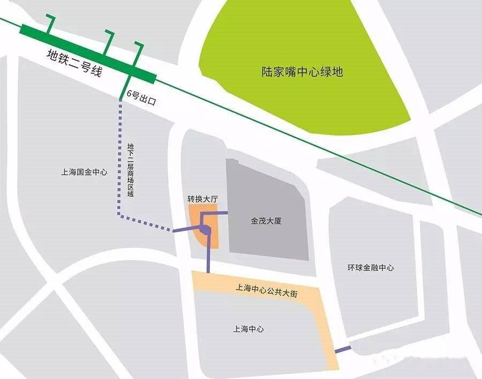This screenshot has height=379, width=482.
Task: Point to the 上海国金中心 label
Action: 84,172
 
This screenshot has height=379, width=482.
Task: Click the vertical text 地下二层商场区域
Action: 130,170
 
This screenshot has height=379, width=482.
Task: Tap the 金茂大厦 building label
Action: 266,220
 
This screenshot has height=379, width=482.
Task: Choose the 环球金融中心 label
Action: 370,267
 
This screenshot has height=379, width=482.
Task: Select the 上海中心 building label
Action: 248,329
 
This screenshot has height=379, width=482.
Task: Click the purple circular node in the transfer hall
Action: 208,230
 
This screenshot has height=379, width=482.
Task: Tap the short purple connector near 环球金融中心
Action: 343,350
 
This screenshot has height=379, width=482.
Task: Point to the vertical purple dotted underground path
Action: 119,161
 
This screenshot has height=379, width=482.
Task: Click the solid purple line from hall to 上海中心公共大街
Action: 208,254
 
